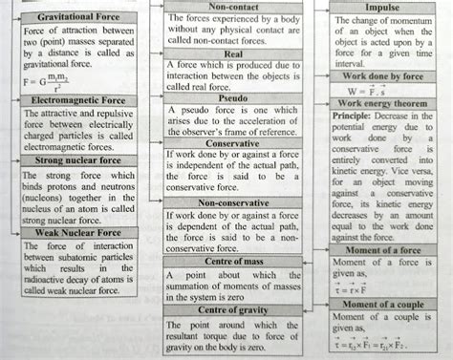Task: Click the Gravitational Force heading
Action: (x=78, y=17)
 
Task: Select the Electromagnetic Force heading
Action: (x=78, y=99)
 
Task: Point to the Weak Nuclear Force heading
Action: (x=78, y=232)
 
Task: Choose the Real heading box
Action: (x=233, y=54)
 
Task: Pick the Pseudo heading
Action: (x=233, y=97)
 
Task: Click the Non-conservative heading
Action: (x=233, y=202)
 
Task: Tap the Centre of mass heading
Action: (x=233, y=262)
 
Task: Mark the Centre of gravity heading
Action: (x=233, y=310)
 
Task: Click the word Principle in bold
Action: (x=356, y=115)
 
